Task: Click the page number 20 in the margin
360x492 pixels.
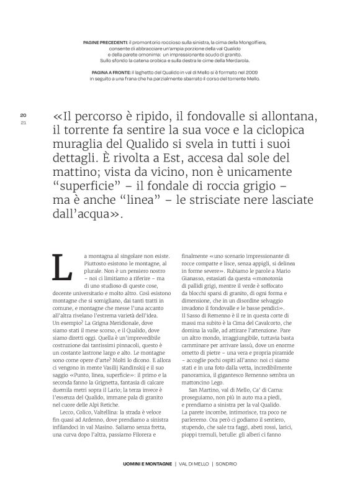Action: click(x=23, y=116)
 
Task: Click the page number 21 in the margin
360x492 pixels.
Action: click(x=23, y=122)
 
